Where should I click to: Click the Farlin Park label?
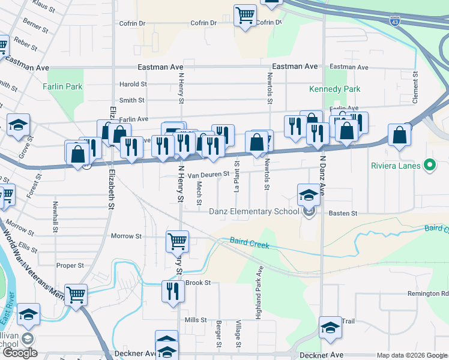coord(62,86)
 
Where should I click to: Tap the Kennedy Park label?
coord(334,89)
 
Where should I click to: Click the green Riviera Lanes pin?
coord(429,164)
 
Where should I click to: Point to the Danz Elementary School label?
coord(253,211)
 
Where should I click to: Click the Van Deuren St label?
coord(209,175)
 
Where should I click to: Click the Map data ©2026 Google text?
coord(412,355)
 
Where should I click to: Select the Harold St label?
coord(133,85)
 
